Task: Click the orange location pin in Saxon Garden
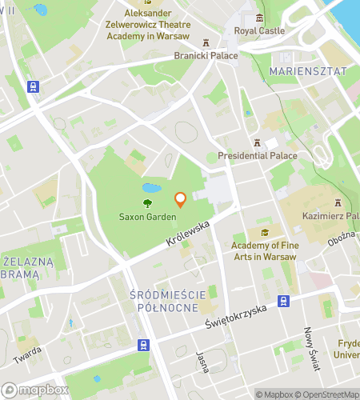pyautogui.click(x=180, y=200)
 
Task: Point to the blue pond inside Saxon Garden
pyautogui.click(x=150, y=189)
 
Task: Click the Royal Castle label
pyautogui.click(x=258, y=30)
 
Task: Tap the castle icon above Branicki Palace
pyautogui.click(x=206, y=43)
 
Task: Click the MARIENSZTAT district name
pyautogui.click(x=309, y=71)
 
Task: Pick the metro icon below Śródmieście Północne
pyautogui.click(x=142, y=345)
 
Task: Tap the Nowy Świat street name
pyautogui.click(x=311, y=349)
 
